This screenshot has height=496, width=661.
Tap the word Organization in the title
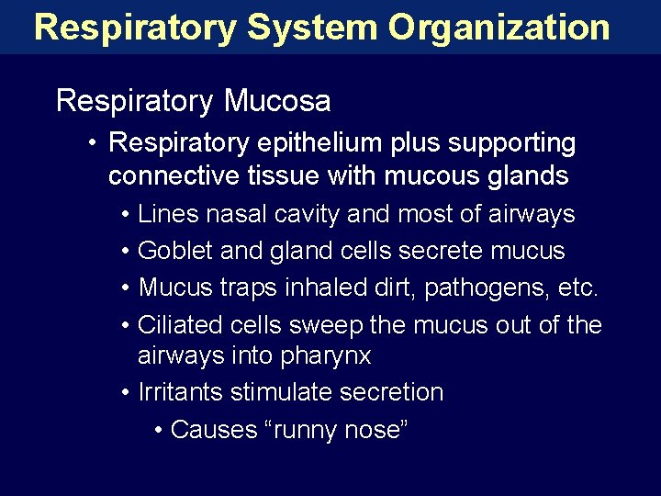[499, 28]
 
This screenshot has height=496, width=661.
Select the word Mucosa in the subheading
[277, 100]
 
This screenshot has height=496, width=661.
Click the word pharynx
[319, 355]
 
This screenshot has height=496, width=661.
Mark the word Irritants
[180, 392]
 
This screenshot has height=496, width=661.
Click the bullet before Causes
[160, 430]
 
